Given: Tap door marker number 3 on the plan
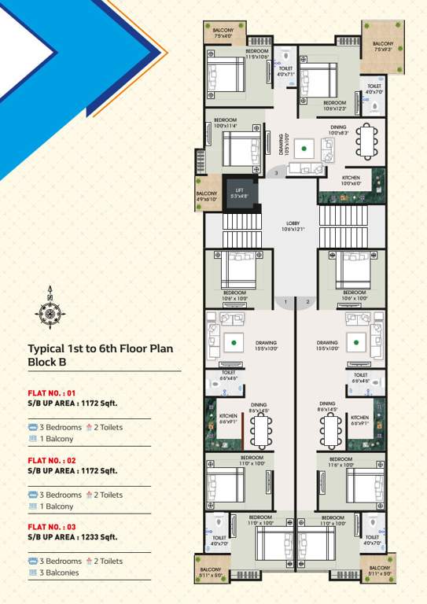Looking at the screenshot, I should click(x=276, y=172).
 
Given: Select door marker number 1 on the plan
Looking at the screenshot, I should click(x=285, y=302).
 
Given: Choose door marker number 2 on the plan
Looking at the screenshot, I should click(x=307, y=302).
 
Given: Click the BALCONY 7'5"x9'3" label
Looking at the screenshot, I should click(x=383, y=46).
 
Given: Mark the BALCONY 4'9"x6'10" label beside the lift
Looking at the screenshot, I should click(x=207, y=196).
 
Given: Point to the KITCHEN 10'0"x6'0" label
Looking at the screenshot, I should click(x=351, y=180).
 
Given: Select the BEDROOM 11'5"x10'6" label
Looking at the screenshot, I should click(x=258, y=55).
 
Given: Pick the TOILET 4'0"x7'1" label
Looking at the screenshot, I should click(x=285, y=72).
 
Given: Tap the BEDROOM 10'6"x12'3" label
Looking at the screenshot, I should click(x=334, y=105).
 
